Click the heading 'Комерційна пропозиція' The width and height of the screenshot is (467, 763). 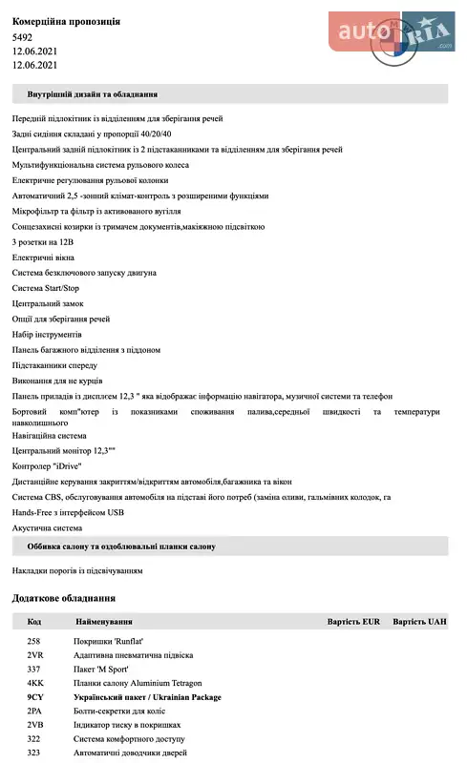pos(66,21)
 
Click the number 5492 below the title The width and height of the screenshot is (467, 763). pos(22,36)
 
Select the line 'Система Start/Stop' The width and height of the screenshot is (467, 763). pos(46,287)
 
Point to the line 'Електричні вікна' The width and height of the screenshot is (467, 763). pos(43,258)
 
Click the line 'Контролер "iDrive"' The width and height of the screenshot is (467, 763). pos(47,465)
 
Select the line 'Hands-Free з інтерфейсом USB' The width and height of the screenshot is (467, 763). pos(69,512)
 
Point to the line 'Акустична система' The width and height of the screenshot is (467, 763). pos(47,527)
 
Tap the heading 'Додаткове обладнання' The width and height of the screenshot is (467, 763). pos(64,598)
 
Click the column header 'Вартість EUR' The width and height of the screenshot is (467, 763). pos(353,622)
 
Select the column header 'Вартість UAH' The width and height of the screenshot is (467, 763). pos(419,622)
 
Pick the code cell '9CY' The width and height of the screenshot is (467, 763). pos(35,697)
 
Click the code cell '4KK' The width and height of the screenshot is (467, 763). pos(35,684)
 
